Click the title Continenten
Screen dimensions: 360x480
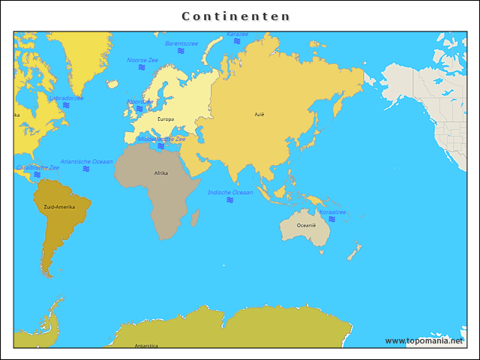point(236,16)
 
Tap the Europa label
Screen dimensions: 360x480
point(166,119)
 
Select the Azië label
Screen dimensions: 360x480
point(259,114)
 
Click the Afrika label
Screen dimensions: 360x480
point(161,173)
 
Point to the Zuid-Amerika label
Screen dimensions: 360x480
point(59,206)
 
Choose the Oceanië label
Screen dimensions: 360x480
point(306,225)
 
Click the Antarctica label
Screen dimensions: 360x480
point(146,346)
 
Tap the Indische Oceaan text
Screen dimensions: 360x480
point(230,192)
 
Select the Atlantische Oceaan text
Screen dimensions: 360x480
point(86,161)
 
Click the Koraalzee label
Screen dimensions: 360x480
point(331,212)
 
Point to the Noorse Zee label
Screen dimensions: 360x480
point(142,59)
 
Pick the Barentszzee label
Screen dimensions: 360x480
point(181,43)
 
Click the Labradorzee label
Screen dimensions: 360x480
point(66,97)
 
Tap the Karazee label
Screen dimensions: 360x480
point(237,34)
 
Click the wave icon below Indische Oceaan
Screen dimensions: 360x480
point(230,200)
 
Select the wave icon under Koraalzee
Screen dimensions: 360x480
point(331,220)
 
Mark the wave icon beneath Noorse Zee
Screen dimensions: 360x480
point(142,67)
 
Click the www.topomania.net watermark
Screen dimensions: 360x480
point(424,340)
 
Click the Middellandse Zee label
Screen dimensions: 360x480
point(161,139)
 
